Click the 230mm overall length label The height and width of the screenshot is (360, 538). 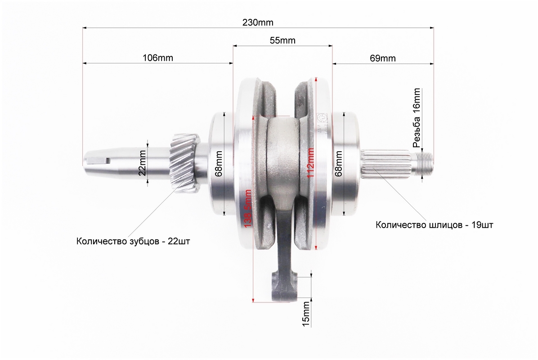click(x=258, y=22)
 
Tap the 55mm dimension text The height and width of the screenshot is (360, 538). click(x=282, y=40)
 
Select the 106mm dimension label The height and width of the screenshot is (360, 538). click(x=158, y=58)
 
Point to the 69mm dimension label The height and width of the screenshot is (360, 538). click(x=382, y=58)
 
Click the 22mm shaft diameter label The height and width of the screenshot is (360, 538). click(x=142, y=163)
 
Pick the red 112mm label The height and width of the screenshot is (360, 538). click(x=310, y=162)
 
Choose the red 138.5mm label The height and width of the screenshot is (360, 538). click(x=247, y=208)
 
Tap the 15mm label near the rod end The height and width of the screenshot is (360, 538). click(x=305, y=314)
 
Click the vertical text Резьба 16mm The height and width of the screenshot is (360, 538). click(x=416, y=118)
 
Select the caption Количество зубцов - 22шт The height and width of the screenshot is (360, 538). click(x=133, y=241)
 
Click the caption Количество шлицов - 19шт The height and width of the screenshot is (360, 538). click(x=435, y=225)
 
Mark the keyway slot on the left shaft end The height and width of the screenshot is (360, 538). click(x=98, y=160)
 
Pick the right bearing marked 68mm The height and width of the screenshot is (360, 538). click(x=345, y=163)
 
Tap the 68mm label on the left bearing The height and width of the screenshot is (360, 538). click(x=219, y=163)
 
